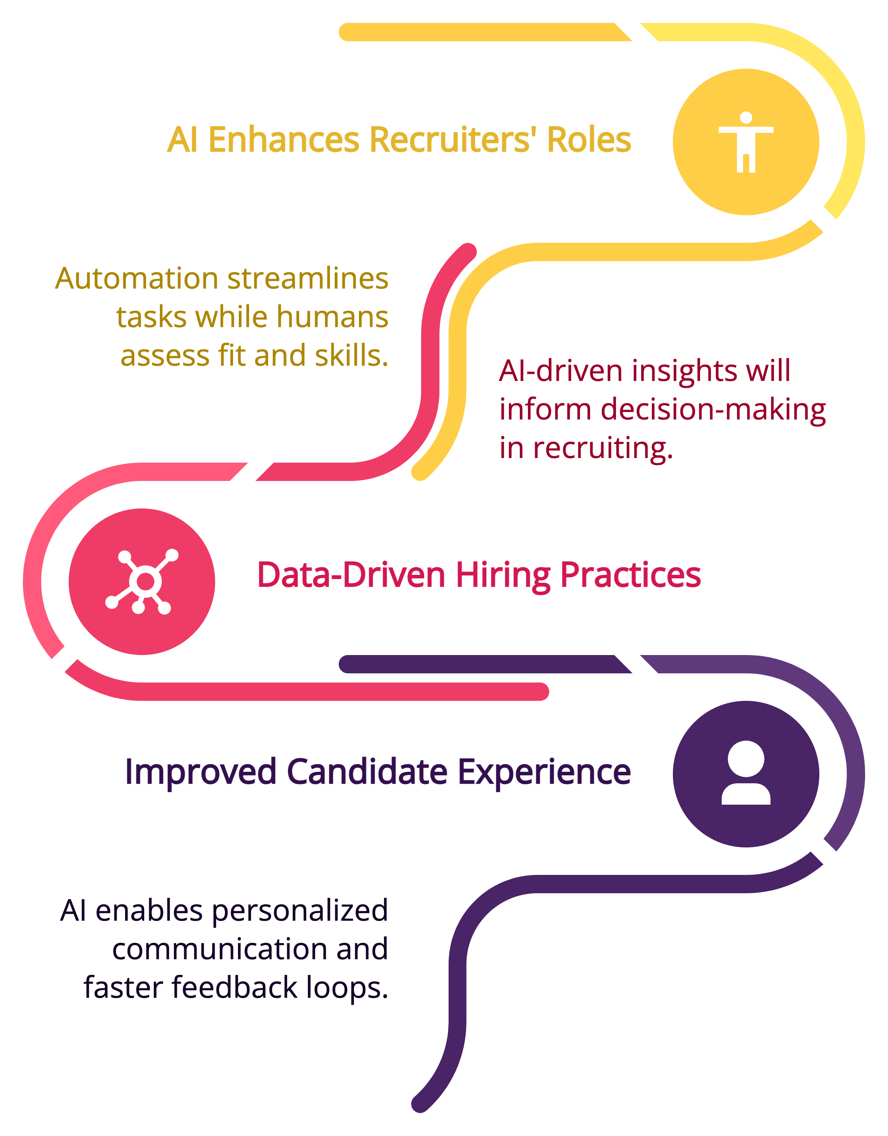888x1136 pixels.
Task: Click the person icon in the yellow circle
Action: point(746,142)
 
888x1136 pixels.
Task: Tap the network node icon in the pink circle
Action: point(142,581)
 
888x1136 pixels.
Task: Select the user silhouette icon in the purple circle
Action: point(746,773)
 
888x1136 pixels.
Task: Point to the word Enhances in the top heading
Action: point(284,140)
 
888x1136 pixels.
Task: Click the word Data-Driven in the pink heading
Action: point(351,575)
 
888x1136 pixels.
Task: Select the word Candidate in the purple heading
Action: point(367,771)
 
